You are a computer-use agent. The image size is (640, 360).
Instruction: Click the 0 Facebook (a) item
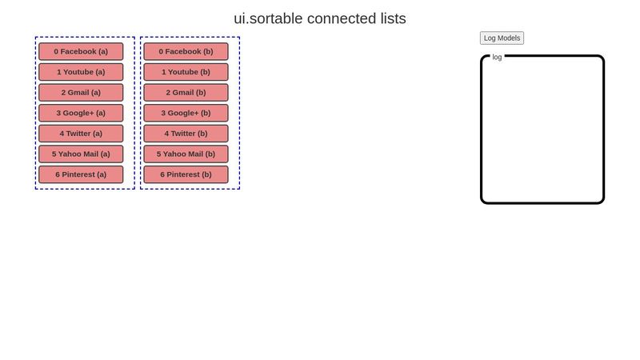[x=81, y=51]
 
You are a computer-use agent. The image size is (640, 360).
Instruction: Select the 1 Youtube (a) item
[x=81, y=72]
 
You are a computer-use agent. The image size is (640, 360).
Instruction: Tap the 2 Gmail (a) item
[x=81, y=92]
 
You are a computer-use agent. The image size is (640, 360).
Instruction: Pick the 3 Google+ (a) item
[x=81, y=113]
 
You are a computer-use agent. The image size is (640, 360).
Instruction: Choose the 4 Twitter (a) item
[x=81, y=134]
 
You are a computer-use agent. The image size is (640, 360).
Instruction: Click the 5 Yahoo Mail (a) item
[x=81, y=154]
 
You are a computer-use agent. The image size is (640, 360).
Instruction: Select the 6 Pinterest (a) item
[x=81, y=174]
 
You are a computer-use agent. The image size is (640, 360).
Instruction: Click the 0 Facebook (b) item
[x=186, y=51]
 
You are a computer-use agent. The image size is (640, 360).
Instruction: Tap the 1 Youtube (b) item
[x=186, y=72]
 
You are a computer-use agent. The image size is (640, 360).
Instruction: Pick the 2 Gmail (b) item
[x=186, y=92]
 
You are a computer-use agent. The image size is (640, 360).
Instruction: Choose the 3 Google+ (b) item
[x=186, y=113]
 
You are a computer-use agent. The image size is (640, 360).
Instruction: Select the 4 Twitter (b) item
[x=186, y=134]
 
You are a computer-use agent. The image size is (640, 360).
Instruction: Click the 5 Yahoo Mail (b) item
[x=186, y=154]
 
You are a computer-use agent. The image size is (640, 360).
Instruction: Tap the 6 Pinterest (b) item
[x=186, y=174]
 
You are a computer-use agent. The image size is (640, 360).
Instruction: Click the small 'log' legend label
[x=497, y=57]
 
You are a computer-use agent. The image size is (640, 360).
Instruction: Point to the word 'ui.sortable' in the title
[x=268, y=18]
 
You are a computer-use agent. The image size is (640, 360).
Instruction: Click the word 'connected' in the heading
[x=337, y=18]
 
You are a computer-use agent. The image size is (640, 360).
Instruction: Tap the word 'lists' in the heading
[x=389, y=18]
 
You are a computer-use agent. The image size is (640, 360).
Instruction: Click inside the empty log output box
[x=542, y=132]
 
